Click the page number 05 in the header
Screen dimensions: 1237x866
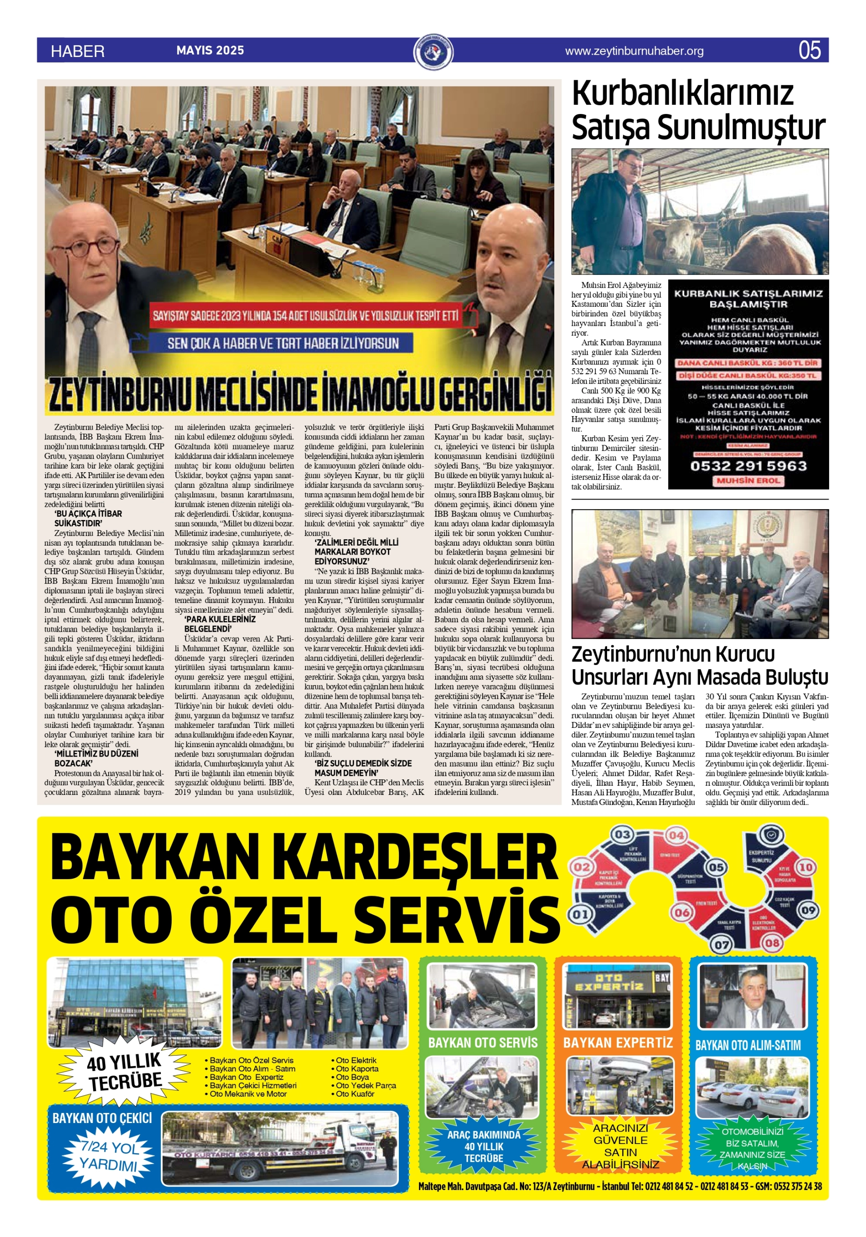pos(809,50)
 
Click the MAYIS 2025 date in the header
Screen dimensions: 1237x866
pos(210,50)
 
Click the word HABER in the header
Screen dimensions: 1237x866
pos(77,51)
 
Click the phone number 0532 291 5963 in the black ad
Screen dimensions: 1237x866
pos(748,465)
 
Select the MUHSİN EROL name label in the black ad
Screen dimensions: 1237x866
pos(748,480)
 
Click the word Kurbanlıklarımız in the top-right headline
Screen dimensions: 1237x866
pos(682,93)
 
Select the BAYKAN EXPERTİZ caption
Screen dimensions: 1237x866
pos(618,1043)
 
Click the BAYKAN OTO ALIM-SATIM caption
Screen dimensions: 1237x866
pos(748,1045)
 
